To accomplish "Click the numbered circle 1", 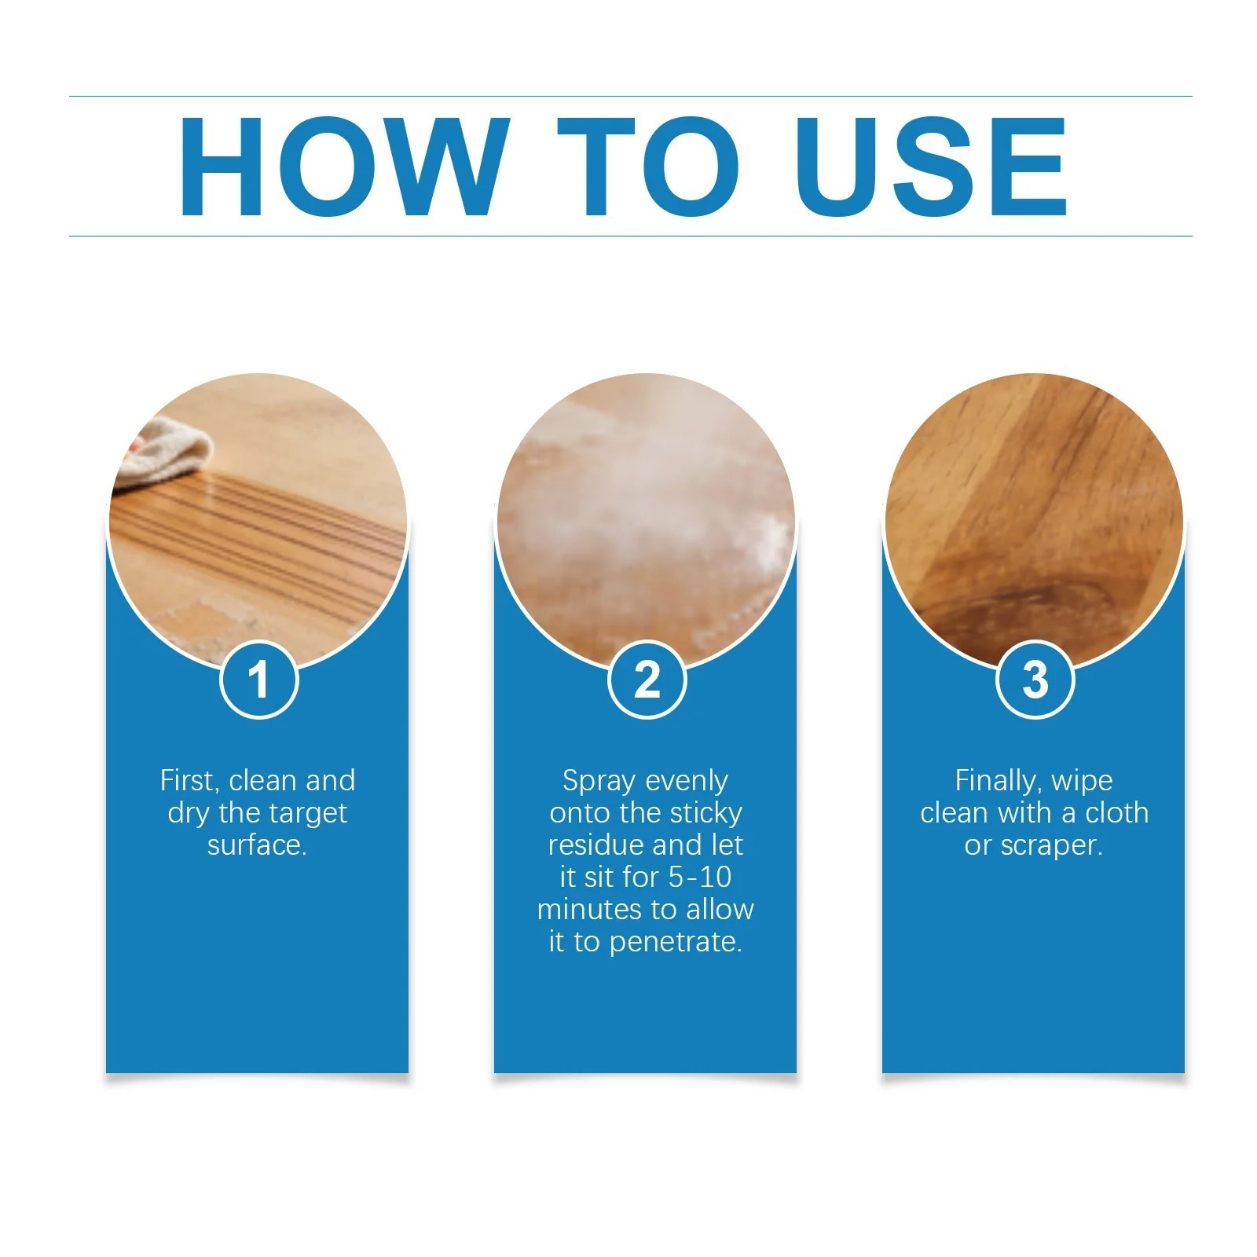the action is coord(258,680).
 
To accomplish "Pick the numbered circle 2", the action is coord(647,680).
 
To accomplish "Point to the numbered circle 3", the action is coord(1035,680).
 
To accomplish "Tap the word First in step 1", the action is coord(189,782).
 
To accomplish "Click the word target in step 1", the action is coord(302,814).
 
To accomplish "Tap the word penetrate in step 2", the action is coord(676,942).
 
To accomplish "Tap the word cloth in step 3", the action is coord(1116,813).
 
